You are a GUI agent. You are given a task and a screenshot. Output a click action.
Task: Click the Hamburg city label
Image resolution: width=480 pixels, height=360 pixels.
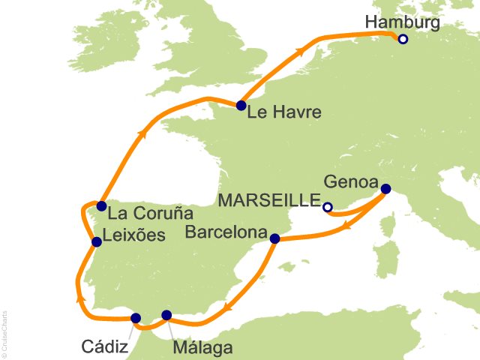pyautogui.click(x=402, y=22)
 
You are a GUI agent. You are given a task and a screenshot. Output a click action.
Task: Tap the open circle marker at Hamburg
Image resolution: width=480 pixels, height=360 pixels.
pyautogui.click(x=403, y=40)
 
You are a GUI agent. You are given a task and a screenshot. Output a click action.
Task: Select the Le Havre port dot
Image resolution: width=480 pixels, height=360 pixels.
pyautogui.click(x=241, y=106)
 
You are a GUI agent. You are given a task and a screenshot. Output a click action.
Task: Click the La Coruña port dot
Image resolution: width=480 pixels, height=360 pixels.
pyautogui.click(x=101, y=205)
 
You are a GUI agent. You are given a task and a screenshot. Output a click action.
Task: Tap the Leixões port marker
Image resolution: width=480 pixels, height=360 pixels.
pyautogui.click(x=96, y=241)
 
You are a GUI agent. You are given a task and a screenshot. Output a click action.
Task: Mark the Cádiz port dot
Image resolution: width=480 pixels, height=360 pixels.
pyautogui.click(x=136, y=318)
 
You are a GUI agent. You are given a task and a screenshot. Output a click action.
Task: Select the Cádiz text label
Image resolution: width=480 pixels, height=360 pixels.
pyautogui.click(x=104, y=346)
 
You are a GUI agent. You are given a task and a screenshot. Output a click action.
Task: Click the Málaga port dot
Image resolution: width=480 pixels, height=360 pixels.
pyautogui.click(x=166, y=316)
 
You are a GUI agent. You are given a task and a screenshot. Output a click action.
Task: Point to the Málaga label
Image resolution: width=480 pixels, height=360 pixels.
pyautogui.click(x=202, y=347)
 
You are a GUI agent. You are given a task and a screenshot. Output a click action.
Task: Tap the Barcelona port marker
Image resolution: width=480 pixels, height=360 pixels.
pyautogui.click(x=274, y=239)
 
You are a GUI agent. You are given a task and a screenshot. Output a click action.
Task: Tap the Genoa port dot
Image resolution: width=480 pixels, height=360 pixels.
pyautogui.click(x=385, y=189)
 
